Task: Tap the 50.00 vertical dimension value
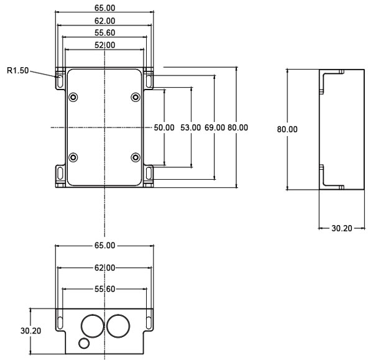point(164,127)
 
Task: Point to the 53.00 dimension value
point(190,127)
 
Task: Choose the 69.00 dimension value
point(214,127)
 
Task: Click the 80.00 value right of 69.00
point(238,127)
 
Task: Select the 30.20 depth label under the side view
point(341,228)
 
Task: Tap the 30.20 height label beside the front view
point(31,331)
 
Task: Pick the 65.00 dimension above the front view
point(104,246)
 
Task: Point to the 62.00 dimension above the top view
point(104,21)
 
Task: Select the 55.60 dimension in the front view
point(104,288)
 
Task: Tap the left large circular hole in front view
point(93,325)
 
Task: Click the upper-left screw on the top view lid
point(74,98)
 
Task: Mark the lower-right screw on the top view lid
point(135,157)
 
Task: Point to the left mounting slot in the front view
point(60,318)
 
